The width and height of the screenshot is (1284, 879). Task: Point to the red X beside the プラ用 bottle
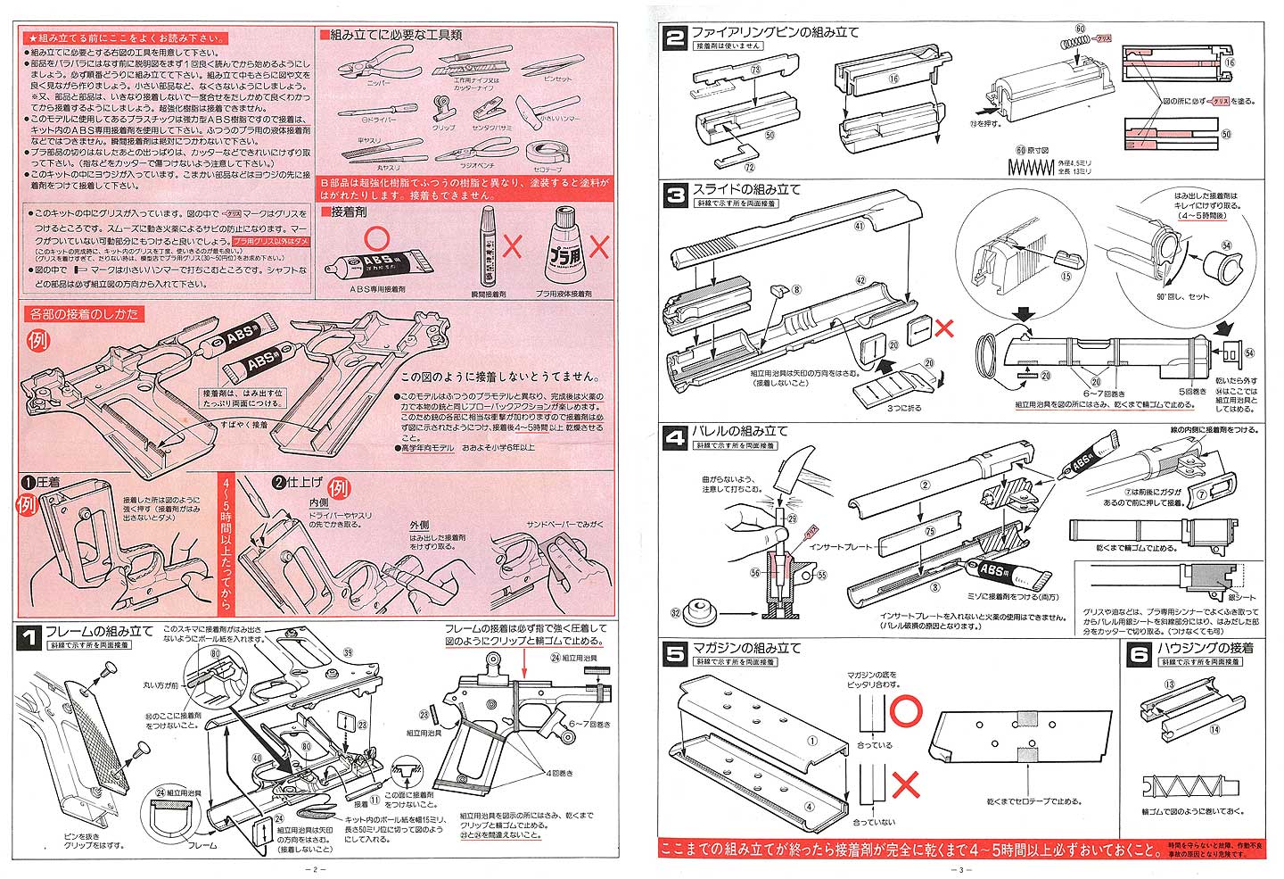pyautogui.click(x=598, y=247)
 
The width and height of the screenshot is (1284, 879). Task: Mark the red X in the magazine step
pyautogui.click(x=906, y=783)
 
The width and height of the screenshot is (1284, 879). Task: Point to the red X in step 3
pyautogui.click(x=943, y=329)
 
